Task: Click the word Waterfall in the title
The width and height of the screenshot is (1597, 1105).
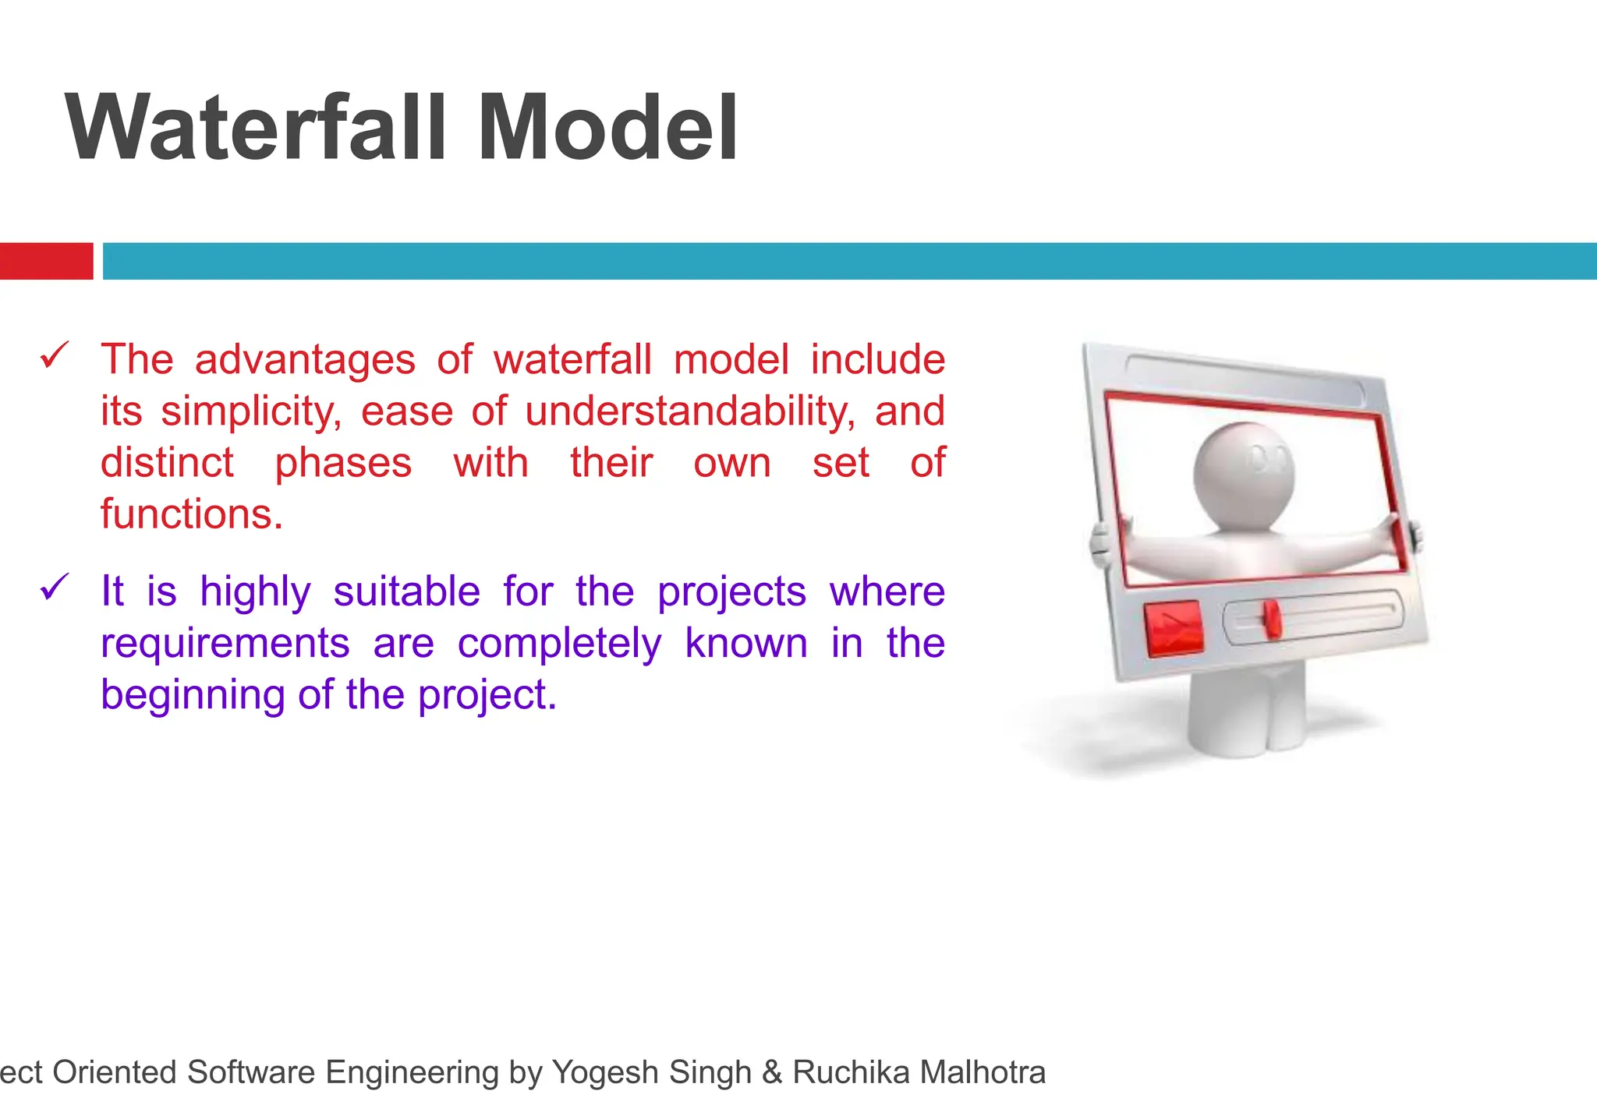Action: coord(257,127)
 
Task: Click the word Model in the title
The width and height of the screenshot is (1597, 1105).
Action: coord(607,127)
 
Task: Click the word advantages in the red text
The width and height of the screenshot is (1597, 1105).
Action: coord(305,360)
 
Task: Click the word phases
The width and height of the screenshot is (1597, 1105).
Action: coord(343,463)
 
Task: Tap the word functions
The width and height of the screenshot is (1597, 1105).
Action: coord(191,514)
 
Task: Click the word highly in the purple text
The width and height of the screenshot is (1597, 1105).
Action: coord(255,592)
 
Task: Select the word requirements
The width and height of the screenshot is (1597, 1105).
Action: coord(225,644)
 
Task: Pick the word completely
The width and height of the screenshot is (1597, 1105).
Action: coord(559,644)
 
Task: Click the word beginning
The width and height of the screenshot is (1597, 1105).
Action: coord(193,695)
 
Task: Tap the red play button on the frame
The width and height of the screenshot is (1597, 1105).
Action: coord(1174,627)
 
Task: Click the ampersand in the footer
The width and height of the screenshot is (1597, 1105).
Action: coord(772,1072)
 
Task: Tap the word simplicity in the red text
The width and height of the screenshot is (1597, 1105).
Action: coord(251,411)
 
